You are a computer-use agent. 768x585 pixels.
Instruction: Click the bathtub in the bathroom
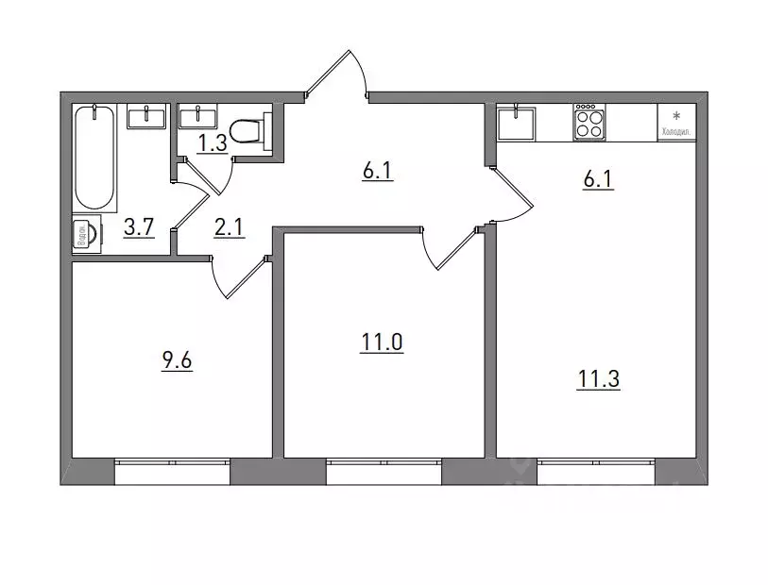96,158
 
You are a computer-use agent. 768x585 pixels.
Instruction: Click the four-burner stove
589,123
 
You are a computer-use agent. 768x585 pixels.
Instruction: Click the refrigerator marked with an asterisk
676,122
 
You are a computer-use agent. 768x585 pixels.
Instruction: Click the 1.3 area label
212,143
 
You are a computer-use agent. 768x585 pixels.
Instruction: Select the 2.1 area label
230,228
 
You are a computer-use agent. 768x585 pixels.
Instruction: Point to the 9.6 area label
178,360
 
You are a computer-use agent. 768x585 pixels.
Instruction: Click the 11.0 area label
382,343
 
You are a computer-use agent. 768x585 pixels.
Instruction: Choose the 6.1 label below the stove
599,176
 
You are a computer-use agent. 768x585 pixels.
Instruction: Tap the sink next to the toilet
199,116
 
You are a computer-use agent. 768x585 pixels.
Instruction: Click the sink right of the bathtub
148,117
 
